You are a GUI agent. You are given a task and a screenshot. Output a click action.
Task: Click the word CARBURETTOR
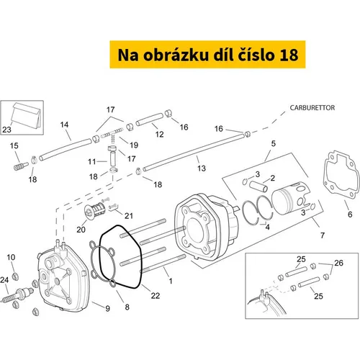tap(312, 108)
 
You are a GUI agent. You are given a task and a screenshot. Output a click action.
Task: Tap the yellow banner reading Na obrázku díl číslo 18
tap(207, 55)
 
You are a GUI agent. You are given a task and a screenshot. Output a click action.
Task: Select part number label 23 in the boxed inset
tap(6, 130)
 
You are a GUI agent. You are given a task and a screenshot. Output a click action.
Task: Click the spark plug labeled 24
tap(17, 295)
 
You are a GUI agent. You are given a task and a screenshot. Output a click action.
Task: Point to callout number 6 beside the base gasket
tap(350, 215)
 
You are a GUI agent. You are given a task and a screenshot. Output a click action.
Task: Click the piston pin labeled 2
tap(258, 186)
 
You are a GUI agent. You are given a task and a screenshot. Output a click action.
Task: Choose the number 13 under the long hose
tap(202, 168)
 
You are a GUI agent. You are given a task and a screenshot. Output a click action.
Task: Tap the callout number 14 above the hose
tap(64, 125)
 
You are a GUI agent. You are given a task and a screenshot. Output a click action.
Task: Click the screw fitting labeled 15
tap(21, 166)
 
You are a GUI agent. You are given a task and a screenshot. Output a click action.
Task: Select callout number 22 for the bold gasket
tap(156, 295)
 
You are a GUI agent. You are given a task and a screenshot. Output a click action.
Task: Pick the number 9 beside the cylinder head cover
tap(108, 308)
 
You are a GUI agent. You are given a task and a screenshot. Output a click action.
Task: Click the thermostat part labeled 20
tap(95, 210)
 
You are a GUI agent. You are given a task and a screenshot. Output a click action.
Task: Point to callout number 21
tap(129, 216)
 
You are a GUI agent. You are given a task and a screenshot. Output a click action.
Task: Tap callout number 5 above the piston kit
tap(274, 143)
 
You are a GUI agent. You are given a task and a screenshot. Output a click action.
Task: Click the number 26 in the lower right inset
tap(338, 263)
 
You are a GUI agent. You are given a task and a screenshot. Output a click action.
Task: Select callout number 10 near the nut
tap(11, 257)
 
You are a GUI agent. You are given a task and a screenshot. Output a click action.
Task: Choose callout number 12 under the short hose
tap(159, 134)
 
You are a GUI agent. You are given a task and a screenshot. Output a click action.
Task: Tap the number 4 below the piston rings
tap(267, 227)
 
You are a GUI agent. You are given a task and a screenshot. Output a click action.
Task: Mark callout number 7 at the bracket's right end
tap(323, 235)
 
